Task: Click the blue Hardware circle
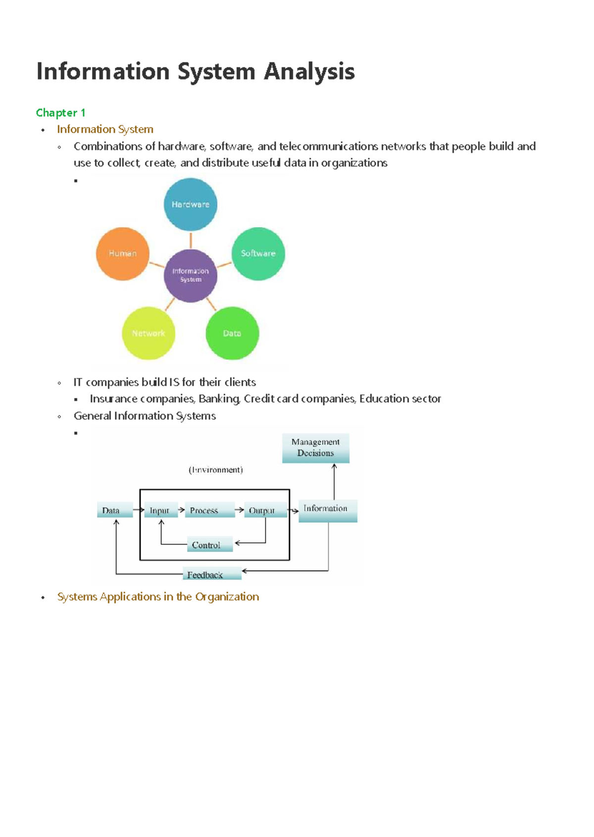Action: [x=191, y=204]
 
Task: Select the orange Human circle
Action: [x=123, y=253]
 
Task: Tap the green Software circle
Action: [x=258, y=253]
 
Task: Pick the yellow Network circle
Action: [x=148, y=333]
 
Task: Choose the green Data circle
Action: [x=232, y=333]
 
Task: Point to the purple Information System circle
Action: [x=191, y=275]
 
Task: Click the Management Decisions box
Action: [x=315, y=447]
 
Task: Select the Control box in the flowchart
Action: [x=206, y=544]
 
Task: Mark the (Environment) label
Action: [x=216, y=470]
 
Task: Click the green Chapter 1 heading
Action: [x=60, y=113]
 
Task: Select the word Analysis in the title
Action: [x=309, y=72]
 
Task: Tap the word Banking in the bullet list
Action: [x=219, y=399]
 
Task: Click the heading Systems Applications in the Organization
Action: [x=158, y=597]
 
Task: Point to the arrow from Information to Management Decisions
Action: [x=334, y=482]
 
